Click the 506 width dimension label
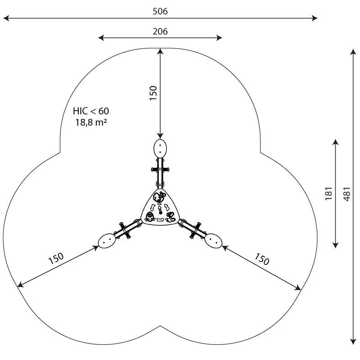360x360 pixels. pyautogui.click(x=160, y=11)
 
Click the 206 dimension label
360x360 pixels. pyautogui.click(x=160, y=31)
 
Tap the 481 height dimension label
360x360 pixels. pyautogui.click(x=347, y=194)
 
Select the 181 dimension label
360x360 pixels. pyautogui.click(x=329, y=193)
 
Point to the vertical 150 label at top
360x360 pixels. pyautogui.click(x=153, y=93)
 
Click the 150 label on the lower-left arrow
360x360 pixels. pyautogui.click(x=56, y=258)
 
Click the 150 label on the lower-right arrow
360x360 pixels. pyautogui.click(x=262, y=259)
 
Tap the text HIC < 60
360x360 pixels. pyautogui.click(x=91, y=111)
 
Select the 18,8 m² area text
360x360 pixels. pyautogui.click(x=91, y=122)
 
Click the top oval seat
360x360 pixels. pyautogui.click(x=160, y=148)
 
